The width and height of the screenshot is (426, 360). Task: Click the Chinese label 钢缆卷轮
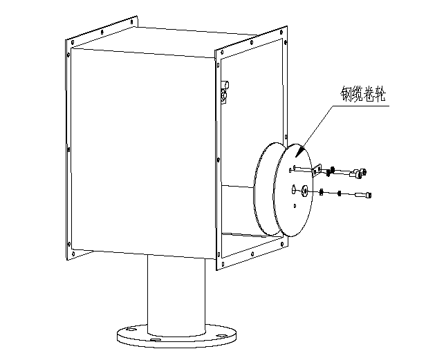363,94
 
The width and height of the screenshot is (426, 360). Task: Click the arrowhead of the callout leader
299,152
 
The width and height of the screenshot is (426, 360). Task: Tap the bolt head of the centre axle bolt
368,195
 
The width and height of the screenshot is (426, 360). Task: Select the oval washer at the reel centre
304,191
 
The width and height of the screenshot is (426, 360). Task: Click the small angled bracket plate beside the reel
317,170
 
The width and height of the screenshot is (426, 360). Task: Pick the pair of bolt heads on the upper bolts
361,173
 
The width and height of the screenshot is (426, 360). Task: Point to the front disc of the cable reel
293,190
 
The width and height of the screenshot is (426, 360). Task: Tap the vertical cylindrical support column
176,295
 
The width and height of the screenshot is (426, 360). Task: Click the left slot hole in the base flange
131,330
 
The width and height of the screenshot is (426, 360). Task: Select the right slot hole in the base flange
222,336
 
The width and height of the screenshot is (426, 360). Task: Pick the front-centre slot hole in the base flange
156,340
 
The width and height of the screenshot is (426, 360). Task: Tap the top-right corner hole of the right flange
281,32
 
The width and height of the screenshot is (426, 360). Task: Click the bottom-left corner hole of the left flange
73,254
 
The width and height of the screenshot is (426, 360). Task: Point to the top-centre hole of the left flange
102,32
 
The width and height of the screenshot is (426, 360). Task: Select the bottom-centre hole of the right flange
252,254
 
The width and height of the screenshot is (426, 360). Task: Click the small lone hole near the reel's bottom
295,206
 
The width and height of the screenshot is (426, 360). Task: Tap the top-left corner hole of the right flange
223,52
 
